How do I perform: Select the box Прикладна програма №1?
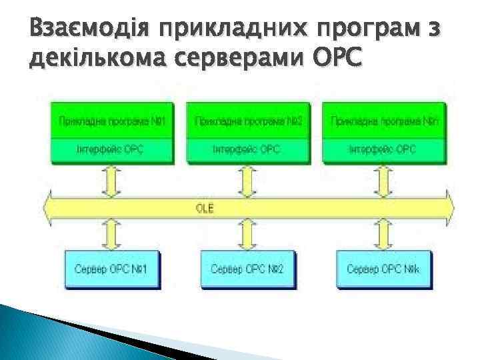click(x=111, y=121)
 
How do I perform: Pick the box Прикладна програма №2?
click(x=248, y=121)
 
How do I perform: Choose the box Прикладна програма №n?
click(x=384, y=121)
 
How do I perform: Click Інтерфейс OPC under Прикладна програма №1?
click(x=111, y=149)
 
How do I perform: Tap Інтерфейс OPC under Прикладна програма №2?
click(x=248, y=149)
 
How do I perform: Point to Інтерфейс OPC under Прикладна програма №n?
click(x=384, y=149)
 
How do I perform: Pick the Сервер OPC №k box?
click(x=384, y=269)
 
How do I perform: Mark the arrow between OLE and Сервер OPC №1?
click(x=111, y=235)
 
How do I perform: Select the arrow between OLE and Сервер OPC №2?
click(x=248, y=235)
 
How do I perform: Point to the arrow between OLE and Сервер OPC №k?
click(x=384, y=235)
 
